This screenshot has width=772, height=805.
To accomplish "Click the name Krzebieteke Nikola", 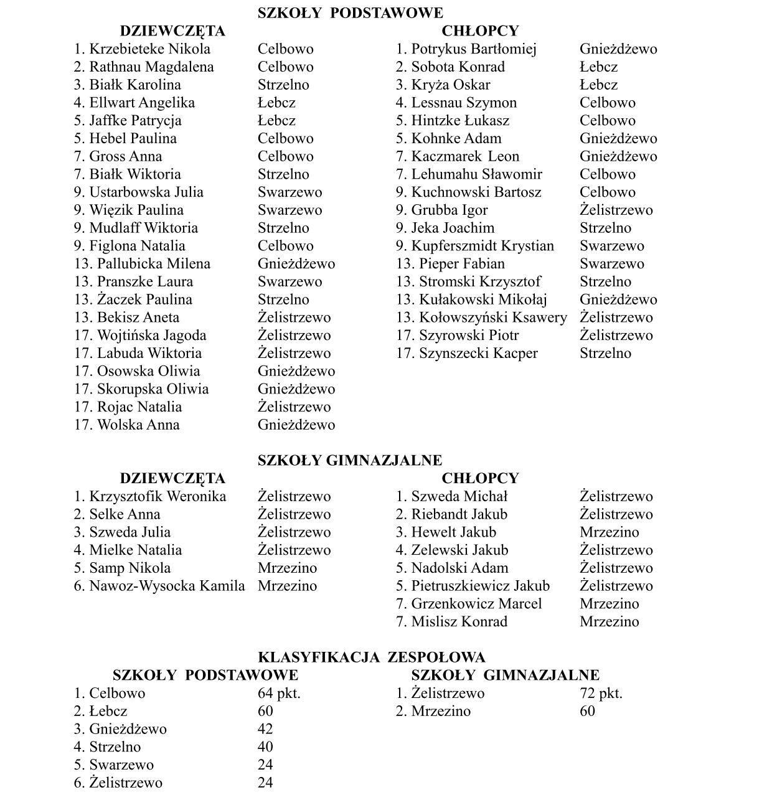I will tap(149, 49).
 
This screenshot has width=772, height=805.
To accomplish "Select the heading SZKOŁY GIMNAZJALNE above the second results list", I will tap(350, 461).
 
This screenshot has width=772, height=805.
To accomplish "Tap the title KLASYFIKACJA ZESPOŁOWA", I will tap(372, 657).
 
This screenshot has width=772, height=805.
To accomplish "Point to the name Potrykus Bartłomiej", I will tap(473, 49).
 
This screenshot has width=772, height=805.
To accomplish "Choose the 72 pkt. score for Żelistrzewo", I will tap(601, 694).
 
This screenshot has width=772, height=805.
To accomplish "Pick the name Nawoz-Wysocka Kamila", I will tap(167, 586).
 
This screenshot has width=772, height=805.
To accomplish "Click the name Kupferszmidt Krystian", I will tap(482, 246).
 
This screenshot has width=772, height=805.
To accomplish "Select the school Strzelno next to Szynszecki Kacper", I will tap(605, 354).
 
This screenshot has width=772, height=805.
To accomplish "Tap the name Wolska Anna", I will tap(138, 425).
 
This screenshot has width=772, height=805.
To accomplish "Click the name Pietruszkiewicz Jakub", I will tap(480, 586).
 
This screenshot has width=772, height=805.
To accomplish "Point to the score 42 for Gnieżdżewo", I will tap(265, 729).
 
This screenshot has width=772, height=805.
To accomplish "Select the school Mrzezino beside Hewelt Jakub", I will tap(609, 532).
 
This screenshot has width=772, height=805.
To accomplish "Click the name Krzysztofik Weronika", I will tap(158, 497).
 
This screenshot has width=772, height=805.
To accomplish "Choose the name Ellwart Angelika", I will tap(142, 103).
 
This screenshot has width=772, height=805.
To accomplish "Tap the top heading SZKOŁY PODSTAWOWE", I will tap(351, 13).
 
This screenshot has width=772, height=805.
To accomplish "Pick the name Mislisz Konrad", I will tap(459, 622).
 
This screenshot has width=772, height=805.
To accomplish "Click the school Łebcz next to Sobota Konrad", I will tap(598, 67).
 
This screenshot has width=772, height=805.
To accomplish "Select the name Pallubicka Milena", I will tap(153, 264).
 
